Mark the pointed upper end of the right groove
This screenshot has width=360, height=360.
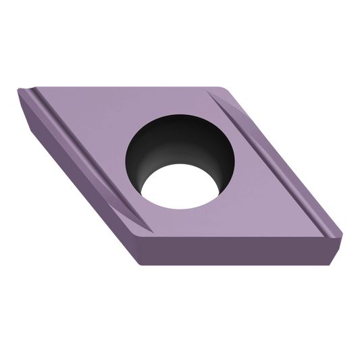[217, 95]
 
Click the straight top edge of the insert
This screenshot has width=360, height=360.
[122, 86]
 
